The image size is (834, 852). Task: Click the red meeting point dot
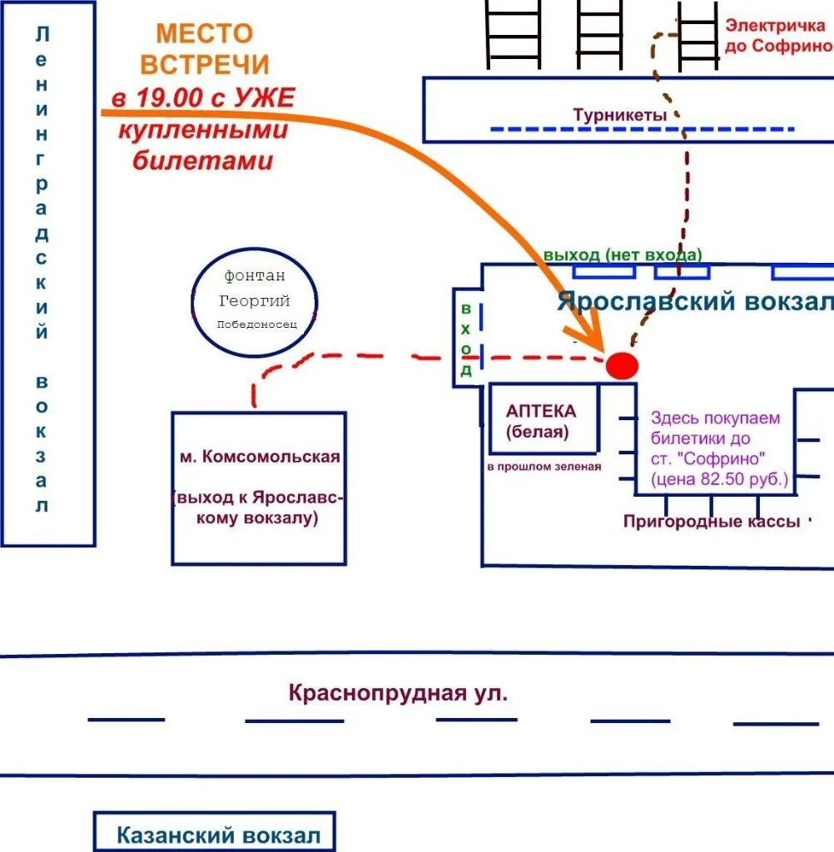[622, 365]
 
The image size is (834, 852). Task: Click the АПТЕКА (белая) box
[543, 419]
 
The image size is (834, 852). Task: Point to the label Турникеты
[620, 116]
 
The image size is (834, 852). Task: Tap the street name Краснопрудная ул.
[398, 692]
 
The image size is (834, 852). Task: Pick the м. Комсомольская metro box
[259, 487]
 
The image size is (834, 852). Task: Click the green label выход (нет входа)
[623, 255]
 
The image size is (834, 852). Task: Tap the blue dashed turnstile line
[641, 130]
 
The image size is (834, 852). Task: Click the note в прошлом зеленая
[544, 467]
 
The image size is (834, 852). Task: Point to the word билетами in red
[203, 161]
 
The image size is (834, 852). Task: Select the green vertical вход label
[466, 339]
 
